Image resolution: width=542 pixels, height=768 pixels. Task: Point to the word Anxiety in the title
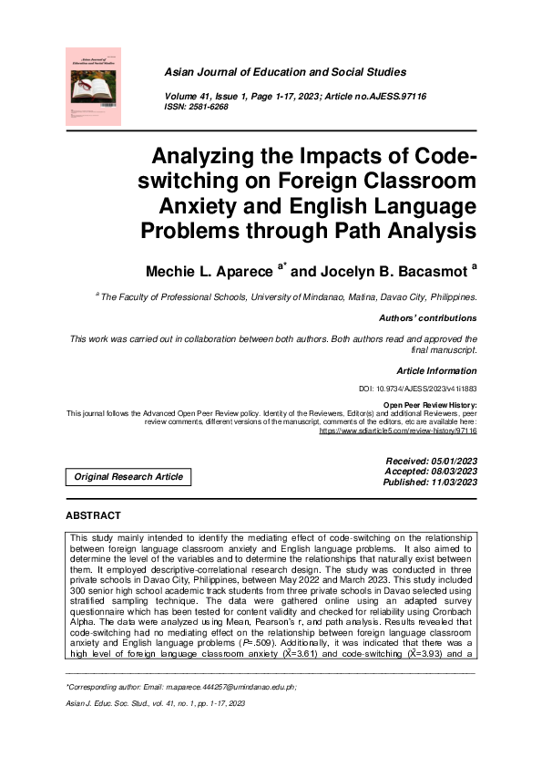(189, 205)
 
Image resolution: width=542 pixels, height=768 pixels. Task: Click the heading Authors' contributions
(427, 318)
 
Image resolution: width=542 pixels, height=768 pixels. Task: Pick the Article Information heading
(436, 371)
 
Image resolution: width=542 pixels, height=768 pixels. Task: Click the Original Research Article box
(128, 476)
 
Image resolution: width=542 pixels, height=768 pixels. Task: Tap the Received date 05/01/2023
(454, 462)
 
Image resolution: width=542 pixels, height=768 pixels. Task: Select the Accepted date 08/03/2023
(454, 472)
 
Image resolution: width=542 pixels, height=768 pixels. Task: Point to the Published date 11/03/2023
(454, 483)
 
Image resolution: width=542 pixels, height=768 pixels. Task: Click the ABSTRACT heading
(94, 516)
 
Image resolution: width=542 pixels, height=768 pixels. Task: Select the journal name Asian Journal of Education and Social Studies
(285, 72)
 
